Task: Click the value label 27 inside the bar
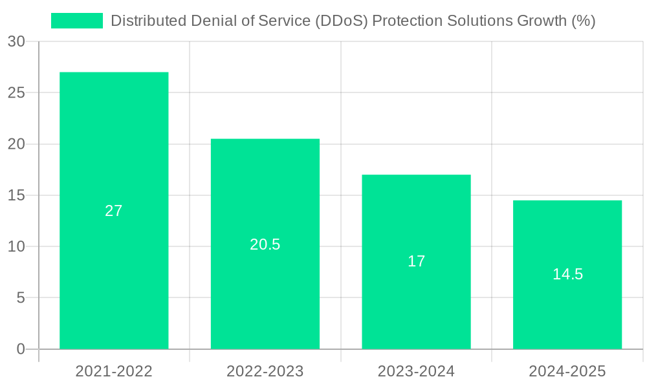tap(114, 211)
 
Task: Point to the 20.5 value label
tap(265, 244)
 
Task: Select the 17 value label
tap(416, 261)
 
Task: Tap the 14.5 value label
tap(567, 274)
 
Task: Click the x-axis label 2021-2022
tap(114, 371)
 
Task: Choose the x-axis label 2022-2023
tap(265, 371)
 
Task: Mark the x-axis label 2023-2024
tap(416, 371)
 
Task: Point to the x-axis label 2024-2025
tap(567, 371)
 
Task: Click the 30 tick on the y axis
tap(16, 41)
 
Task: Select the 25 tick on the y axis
tap(16, 92)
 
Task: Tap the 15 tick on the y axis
tap(16, 195)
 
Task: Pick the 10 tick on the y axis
tap(16, 246)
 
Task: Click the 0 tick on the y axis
tap(20, 349)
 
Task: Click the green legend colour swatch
tap(77, 21)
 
